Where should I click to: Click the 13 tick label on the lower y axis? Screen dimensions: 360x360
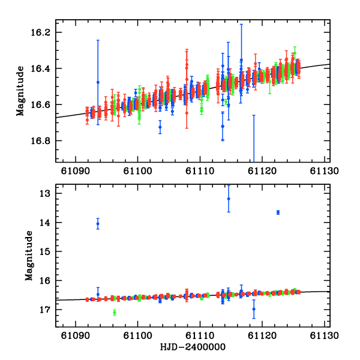[45, 194]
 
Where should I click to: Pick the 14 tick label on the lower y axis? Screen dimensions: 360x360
[45, 223]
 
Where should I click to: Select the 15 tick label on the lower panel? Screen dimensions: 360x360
[45, 251]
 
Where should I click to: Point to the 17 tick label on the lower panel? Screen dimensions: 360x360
[45, 310]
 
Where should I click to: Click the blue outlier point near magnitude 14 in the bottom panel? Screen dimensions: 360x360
[98, 224]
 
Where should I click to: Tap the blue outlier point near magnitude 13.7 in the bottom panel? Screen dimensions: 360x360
[278, 212]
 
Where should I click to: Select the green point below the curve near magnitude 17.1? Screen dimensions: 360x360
[114, 312]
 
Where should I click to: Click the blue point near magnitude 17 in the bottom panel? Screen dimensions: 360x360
[254, 309]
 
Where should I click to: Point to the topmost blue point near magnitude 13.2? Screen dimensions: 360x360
[229, 199]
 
